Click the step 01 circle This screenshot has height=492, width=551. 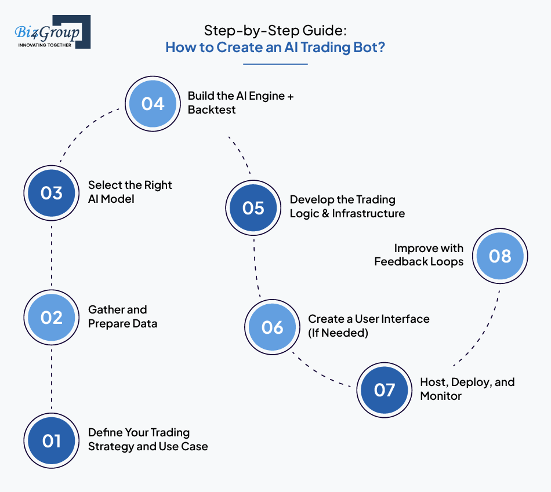click(x=51, y=440)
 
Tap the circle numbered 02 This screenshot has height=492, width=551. click(x=51, y=317)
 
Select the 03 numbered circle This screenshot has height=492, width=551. click(x=51, y=192)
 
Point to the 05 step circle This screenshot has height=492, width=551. click(x=253, y=207)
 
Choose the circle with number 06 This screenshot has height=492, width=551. click(x=271, y=327)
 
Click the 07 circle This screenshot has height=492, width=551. click(x=383, y=389)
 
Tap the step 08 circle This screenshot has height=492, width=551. click(x=499, y=256)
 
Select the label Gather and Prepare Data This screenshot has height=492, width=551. click(x=122, y=316)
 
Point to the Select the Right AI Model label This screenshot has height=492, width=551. click(x=130, y=192)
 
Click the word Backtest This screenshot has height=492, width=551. click(x=212, y=110)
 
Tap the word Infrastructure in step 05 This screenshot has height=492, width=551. click(x=368, y=214)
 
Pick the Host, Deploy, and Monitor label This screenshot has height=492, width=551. click(x=467, y=389)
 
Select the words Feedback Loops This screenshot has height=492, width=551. click(x=419, y=262)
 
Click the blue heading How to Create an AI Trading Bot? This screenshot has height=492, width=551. click(x=275, y=47)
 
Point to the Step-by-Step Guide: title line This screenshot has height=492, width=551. click(x=275, y=30)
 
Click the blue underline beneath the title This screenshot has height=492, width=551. click(x=275, y=64)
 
